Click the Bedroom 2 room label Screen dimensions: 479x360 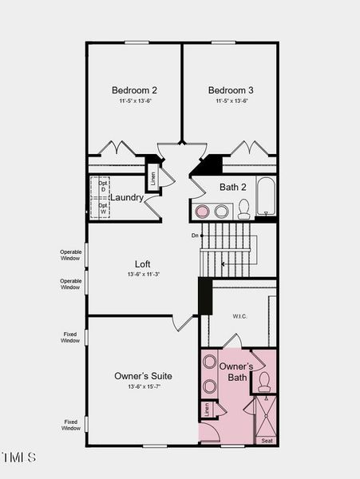pyautogui.click(x=133, y=90)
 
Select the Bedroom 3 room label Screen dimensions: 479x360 pyautogui.click(x=231, y=90)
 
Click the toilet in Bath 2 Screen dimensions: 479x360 pyautogui.click(x=243, y=210)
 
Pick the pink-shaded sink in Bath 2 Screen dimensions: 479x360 pyautogui.click(x=203, y=212)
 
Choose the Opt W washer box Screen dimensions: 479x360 pyautogui.click(x=102, y=208)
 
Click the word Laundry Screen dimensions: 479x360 pyautogui.click(x=127, y=197)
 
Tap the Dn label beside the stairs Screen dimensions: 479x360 pyautogui.click(x=194, y=236)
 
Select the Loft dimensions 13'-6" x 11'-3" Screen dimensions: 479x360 pyautogui.click(x=142, y=274)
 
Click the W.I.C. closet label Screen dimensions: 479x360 pyautogui.click(x=239, y=316)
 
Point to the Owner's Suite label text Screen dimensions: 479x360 pyautogui.click(x=143, y=376)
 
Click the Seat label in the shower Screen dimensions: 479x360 pyautogui.click(x=266, y=441)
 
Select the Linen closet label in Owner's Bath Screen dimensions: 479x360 pyautogui.click(x=206, y=410)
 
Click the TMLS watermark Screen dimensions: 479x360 pyautogui.click(x=19, y=457)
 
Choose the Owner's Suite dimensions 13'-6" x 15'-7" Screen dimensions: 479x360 pyautogui.click(x=143, y=386)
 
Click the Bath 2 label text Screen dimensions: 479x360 pyautogui.click(x=233, y=188)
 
